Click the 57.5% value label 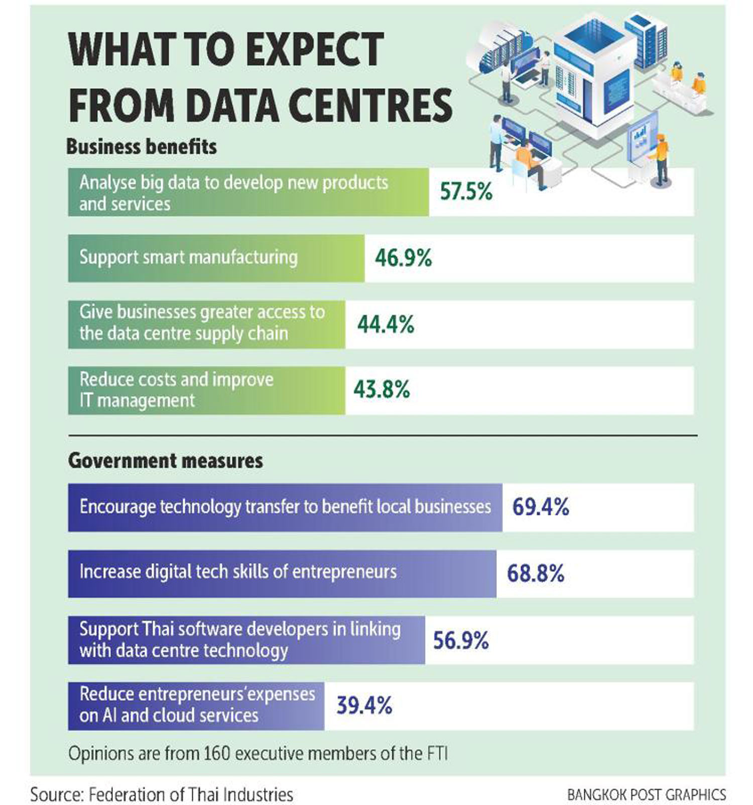click(466, 191)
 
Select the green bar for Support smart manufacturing click(216, 258)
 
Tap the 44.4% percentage click(386, 325)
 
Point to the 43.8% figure click(382, 389)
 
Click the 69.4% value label click(541, 507)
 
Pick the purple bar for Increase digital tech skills click(282, 573)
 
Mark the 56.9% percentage click(461, 641)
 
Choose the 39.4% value click(364, 706)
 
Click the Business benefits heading click(142, 147)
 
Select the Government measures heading click(166, 460)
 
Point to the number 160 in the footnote click(216, 754)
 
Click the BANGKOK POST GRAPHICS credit click(647, 794)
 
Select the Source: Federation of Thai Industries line click(162, 794)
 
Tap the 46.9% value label click(404, 258)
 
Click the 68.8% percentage click(536, 573)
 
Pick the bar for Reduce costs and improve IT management click(207, 390)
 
